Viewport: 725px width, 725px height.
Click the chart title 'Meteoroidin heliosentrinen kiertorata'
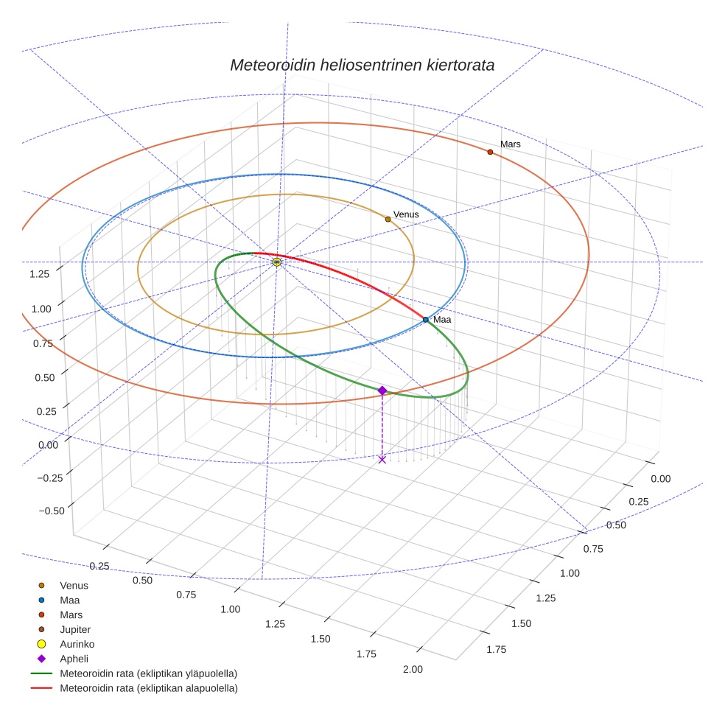click(362, 65)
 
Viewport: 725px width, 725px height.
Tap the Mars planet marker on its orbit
click(490, 152)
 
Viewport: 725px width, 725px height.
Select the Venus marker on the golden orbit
click(388, 219)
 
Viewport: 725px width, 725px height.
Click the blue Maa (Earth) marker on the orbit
click(426, 320)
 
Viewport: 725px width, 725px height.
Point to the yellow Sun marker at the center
click(276, 262)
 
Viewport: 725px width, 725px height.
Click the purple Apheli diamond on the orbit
click(382, 390)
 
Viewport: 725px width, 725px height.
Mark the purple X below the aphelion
click(382, 460)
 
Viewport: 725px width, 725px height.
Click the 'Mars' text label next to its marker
click(511, 144)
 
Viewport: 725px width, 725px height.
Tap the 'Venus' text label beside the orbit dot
click(406, 214)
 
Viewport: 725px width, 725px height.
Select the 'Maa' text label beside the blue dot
click(442, 320)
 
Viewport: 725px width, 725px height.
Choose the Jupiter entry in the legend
click(74, 629)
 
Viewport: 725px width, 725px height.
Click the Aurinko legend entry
click(77, 644)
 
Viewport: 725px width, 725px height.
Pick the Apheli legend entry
click(74, 659)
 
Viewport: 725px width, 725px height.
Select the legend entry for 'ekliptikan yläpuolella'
click(148, 673)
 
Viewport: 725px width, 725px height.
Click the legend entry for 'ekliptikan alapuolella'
click(148, 688)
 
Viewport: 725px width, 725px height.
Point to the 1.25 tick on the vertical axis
click(40, 274)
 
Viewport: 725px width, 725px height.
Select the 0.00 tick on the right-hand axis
click(661, 479)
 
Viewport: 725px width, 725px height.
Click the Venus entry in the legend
click(74, 585)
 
